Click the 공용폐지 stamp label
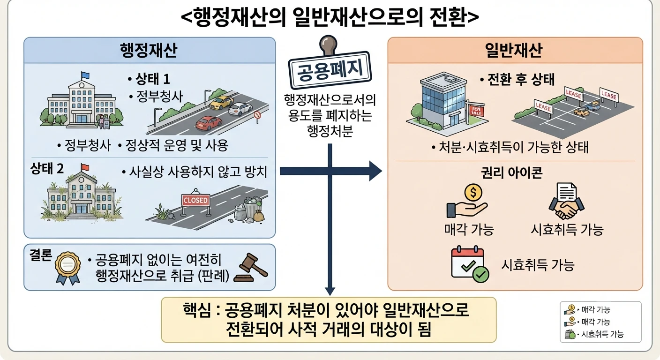pyautogui.click(x=330, y=70)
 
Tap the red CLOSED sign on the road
pyautogui.click(x=195, y=200)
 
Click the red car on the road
pyautogui.click(x=209, y=123)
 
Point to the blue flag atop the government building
pyautogui.click(x=85, y=75)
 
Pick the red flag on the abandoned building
pyautogui.click(x=85, y=167)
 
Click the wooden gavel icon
pyautogui.click(x=251, y=268)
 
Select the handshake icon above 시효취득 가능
pyautogui.click(x=567, y=201)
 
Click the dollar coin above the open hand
pyautogui.click(x=473, y=192)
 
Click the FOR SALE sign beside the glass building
pyautogui.click(x=476, y=111)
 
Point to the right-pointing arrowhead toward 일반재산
pyautogui.click(x=375, y=171)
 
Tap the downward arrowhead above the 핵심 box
pyautogui.click(x=330, y=291)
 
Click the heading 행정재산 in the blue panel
pyautogui.click(x=149, y=50)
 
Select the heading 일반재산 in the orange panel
pyautogui.click(x=514, y=50)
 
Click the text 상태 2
pyautogui.click(x=47, y=168)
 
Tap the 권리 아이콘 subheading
pyautogui.click(x=512, y=173)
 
